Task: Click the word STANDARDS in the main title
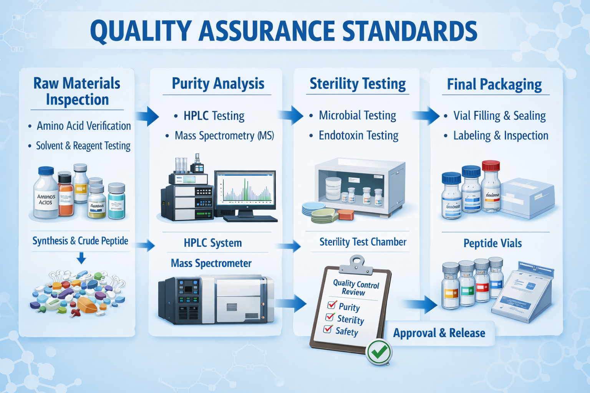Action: coord(409,31)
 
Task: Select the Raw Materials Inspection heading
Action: coord(77,91)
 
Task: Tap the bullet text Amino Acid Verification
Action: coord(84,126)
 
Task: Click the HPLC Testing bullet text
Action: coord(214,116)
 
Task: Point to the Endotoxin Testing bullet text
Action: coord(358,135)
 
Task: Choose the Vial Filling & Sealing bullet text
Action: coord(499,116)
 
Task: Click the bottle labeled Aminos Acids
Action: coord(46,194)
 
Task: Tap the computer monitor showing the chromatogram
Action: coord(245,190)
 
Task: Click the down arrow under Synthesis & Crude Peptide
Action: coord(81,258)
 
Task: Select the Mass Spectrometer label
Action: coord(211,263)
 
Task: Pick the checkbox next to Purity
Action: coord(331,305)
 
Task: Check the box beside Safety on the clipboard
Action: coord(328,329)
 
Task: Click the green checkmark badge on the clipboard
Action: coord(379,352)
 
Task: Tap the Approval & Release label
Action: coord(439,333)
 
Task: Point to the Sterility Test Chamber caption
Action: coord(363,242)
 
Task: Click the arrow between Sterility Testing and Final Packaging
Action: coord(426,115)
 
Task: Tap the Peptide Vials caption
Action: coord(492,243)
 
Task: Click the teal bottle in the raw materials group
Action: coord(116,201)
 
